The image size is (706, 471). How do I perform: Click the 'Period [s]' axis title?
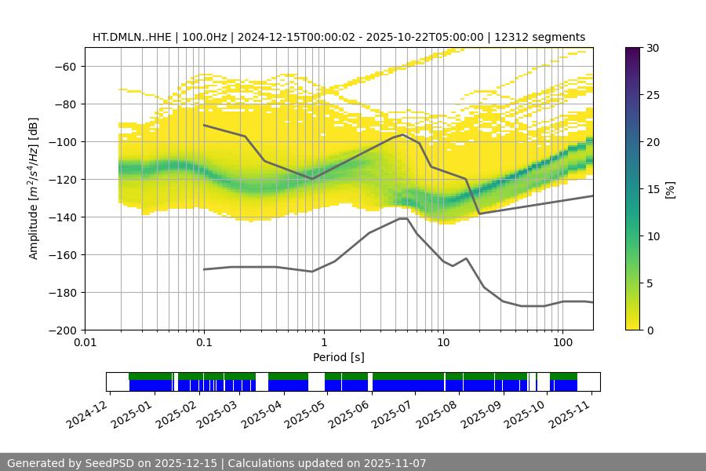339,357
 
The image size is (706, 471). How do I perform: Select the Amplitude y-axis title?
34,189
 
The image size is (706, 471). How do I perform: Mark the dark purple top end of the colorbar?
635,50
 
